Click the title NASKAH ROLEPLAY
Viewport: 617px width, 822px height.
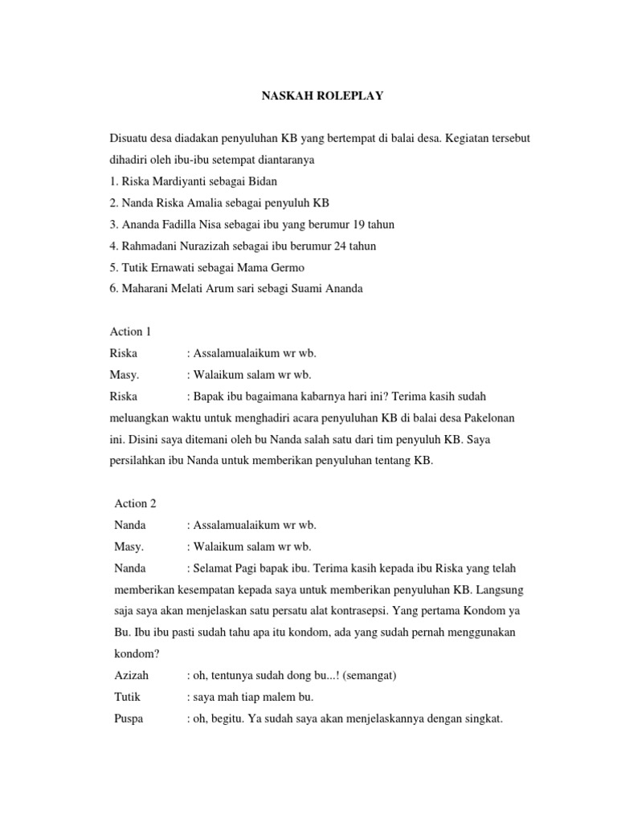[312, 96]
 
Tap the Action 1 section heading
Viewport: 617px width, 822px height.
[129, 331]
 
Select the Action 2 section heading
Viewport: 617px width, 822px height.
[135, 503]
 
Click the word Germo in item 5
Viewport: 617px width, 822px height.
[289, 267]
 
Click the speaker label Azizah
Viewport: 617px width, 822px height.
[132, 676]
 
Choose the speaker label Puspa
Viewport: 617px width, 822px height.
[129, 719]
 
